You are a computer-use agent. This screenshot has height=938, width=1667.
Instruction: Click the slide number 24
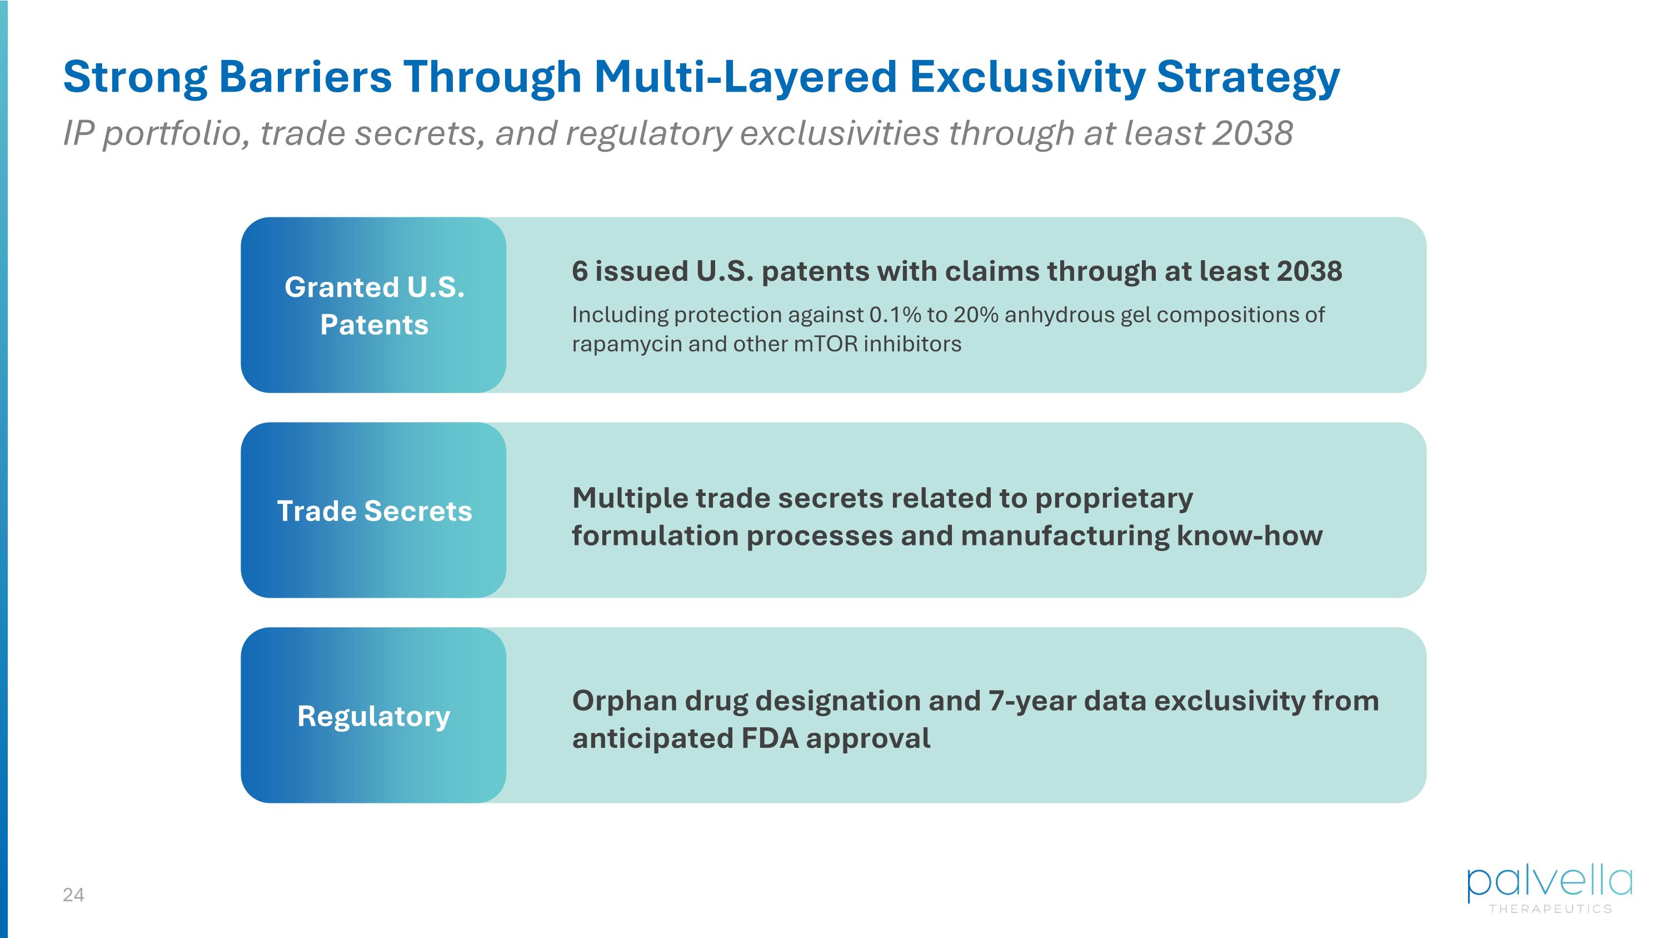(x=73, y=895)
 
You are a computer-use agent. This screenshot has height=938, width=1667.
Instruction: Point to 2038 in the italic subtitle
(x=1253, y=133)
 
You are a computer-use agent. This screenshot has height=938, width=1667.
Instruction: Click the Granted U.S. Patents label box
(x=373, y=305)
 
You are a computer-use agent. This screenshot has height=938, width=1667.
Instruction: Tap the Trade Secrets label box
(x=373, y=510)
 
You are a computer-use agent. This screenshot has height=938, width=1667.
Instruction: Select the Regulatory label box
(x=373, y=715)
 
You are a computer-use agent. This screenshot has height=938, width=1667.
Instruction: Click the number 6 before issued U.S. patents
(x=580, y=271)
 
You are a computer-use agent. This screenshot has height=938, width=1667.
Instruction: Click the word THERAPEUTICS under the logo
(x=1550, y=909)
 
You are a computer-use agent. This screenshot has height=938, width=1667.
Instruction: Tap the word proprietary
(x=1114, y=498)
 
